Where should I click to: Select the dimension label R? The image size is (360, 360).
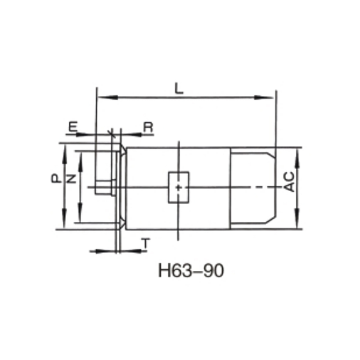click(148, 127)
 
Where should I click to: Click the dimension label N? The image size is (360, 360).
click(71, 179)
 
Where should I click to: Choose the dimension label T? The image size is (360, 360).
click(145, 243)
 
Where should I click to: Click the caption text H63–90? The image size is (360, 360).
click(191, 271)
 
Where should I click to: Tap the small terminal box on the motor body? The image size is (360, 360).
click(179, 187)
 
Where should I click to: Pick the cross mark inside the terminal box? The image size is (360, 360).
click(179, 187)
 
